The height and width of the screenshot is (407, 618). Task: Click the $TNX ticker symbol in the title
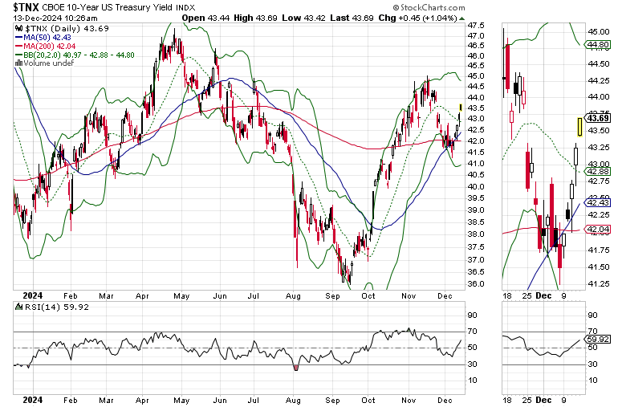coord(26,7)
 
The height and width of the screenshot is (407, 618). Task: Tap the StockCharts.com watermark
coord(429,7)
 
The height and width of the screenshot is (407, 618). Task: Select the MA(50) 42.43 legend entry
coord(43,38)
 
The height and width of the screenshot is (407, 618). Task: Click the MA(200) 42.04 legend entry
coord(45,46)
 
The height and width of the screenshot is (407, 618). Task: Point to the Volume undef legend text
coord(44,63)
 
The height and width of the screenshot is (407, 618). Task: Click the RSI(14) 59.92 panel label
coord(51,307)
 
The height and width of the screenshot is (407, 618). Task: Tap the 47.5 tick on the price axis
coord(476,26)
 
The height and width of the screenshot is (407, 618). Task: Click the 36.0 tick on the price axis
coord(476,284)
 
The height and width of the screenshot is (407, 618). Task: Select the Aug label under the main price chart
coord(293,295)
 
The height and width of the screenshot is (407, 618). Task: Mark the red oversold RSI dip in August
coord(296,368)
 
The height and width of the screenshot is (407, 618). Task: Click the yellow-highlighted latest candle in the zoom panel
coord(580,127)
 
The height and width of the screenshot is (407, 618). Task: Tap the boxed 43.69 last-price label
coord(598,118)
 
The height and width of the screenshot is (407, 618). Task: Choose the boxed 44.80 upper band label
coord(598,45)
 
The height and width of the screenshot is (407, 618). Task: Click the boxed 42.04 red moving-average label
coord(598,229)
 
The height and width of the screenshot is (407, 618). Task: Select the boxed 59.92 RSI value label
coord(598,339)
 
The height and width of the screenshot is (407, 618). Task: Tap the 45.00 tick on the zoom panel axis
coord(598,31)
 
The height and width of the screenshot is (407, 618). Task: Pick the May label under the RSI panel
coord(181,401)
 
